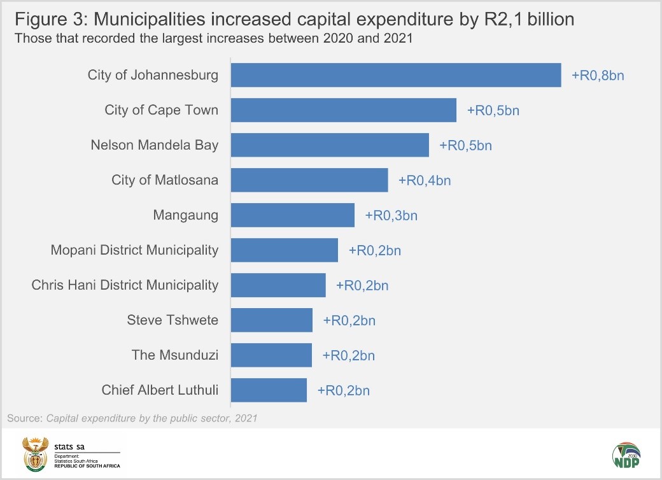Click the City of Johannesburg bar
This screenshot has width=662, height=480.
coord(395,75)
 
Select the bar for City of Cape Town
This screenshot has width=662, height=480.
coord(343,110)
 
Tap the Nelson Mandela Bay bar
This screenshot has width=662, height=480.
coord(330,145)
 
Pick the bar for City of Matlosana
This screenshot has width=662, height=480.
coord(309,180)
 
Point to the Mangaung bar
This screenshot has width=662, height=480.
coord(292,215)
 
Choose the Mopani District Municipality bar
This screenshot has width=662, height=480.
coord(284,250)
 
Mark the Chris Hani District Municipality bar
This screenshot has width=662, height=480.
coord(278,285)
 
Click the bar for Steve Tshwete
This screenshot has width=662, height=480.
coord(272,320)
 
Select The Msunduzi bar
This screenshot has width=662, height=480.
coord(271,355)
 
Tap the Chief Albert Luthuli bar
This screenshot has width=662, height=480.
coord(269,390)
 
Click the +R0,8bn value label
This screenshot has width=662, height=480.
coord(598,75)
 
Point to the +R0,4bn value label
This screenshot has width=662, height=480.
coord(425,180)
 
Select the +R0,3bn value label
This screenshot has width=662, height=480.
coord(391,215)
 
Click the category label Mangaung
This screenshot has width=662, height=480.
coord(185,215)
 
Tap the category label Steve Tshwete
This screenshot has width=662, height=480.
coord(173,320)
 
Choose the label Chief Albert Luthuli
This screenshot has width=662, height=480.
coord(160,390)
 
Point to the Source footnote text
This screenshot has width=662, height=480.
coord(132,418)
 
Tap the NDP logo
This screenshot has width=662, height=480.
coord(626,455)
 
